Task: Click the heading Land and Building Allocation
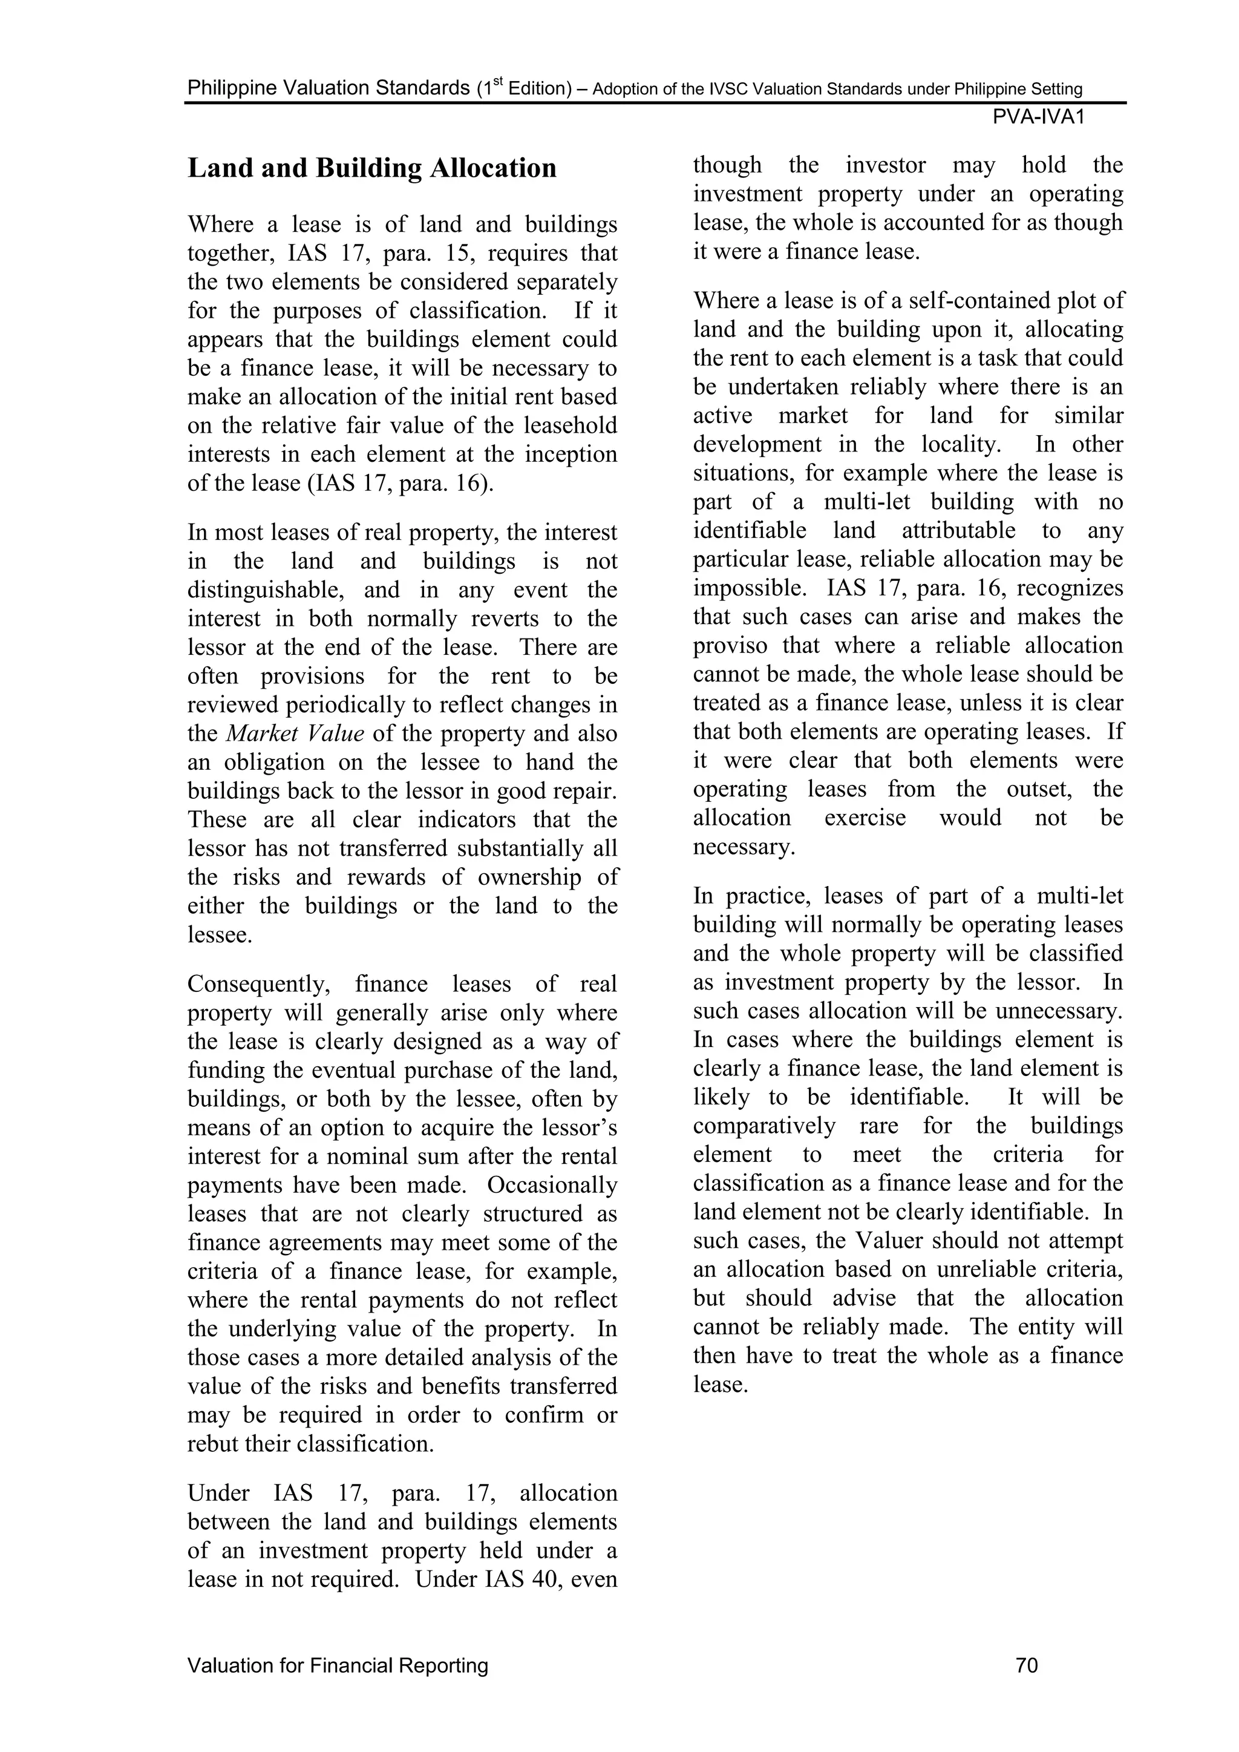(372, 168)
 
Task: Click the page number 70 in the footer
(1027, 1665)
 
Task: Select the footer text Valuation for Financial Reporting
(338, 1665)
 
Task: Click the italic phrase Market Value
(295, 733)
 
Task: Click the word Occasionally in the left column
(552, 1185)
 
